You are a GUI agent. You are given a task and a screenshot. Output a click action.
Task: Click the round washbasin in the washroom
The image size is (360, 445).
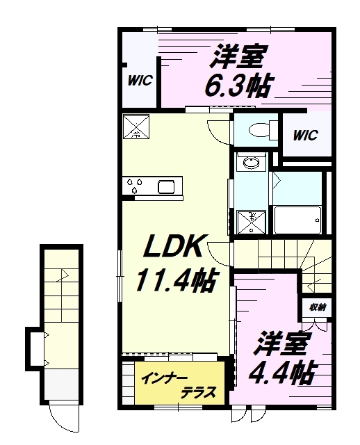(249, 163)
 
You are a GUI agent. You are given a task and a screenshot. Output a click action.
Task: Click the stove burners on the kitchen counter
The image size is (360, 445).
(136, 186)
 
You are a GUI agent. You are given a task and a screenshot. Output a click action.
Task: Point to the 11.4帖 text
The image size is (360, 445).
(174, 280)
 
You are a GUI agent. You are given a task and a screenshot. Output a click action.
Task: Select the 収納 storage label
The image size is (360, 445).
(316, 306)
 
